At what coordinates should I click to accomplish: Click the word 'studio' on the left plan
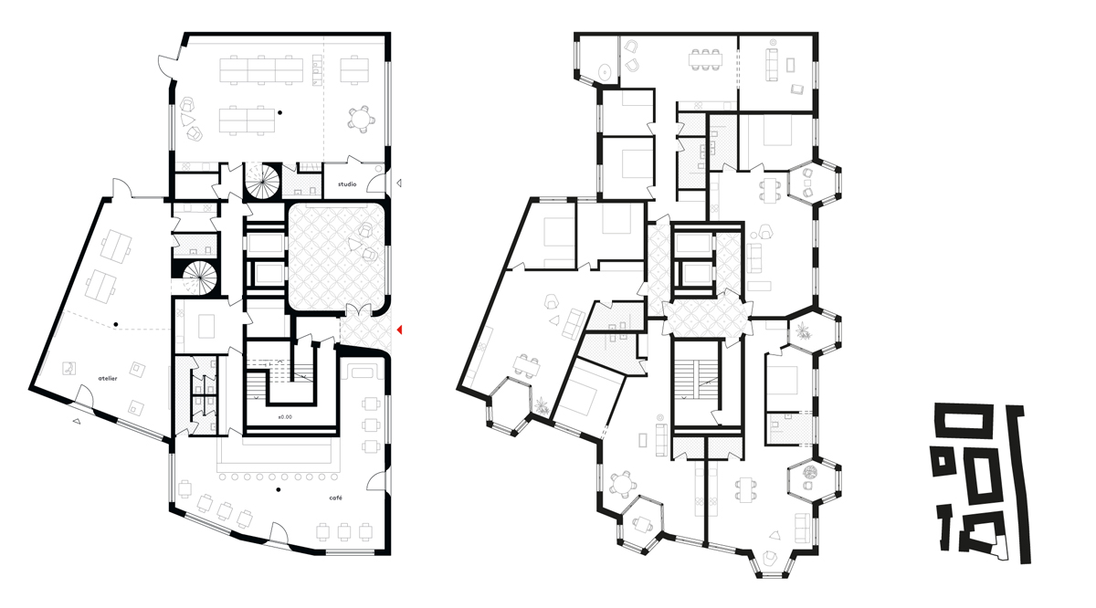tap(347, 183)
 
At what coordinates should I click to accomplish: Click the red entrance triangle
tap(399, 329)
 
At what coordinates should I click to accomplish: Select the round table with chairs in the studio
tap(362, 119)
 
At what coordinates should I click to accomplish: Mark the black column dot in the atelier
tap(117, 324)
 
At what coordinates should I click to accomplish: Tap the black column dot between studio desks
tap(281, 113)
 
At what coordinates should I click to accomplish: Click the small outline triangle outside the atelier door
tap(77, 421)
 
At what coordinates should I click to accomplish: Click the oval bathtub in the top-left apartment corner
tap(603, 70)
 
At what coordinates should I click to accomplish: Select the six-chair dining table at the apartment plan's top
tap(707, 58)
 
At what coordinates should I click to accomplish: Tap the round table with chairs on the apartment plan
tap(624, 484)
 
